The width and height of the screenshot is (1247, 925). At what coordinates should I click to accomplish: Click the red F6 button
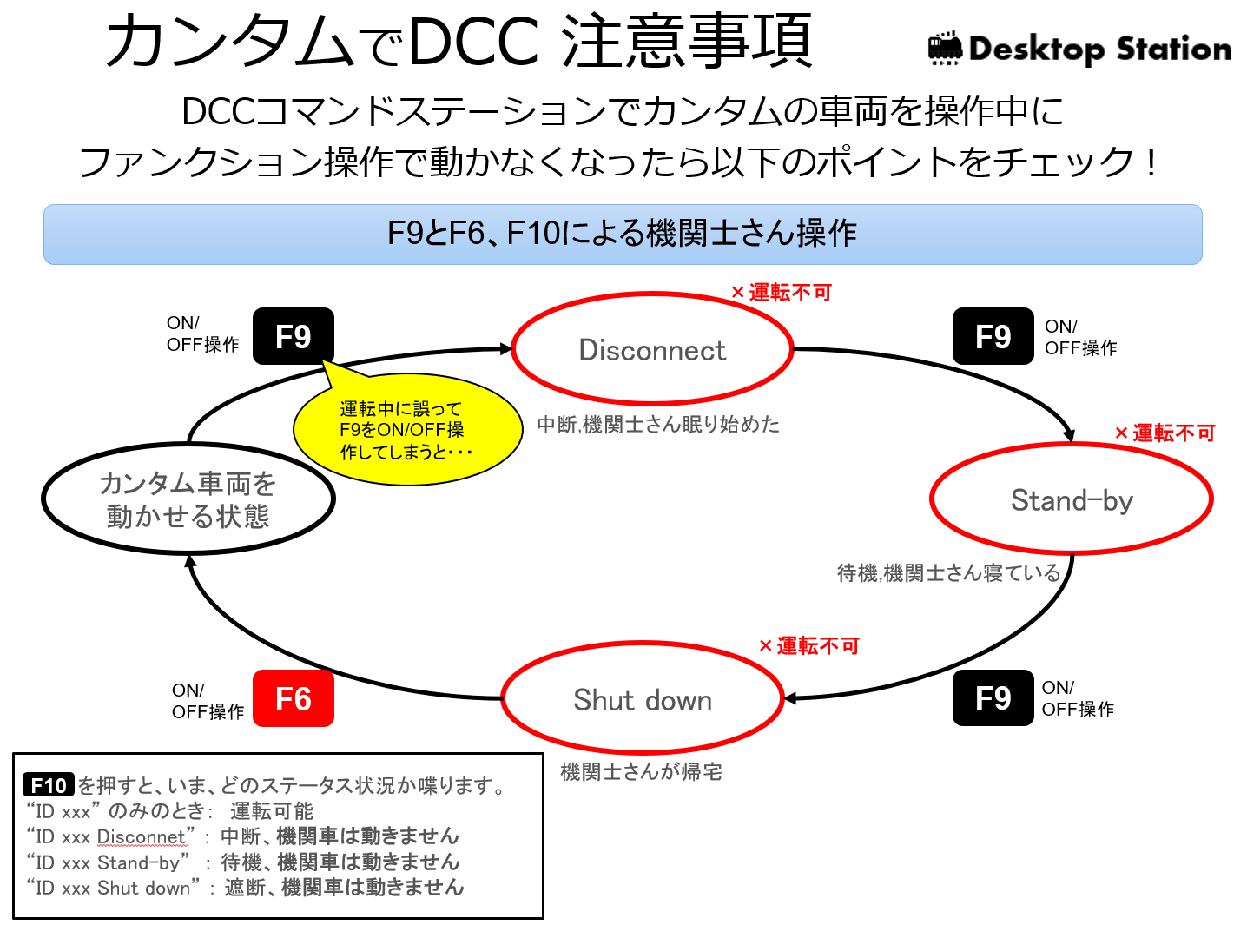[293, 697]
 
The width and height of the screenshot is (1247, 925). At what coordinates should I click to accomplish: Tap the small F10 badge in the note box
[49, 784]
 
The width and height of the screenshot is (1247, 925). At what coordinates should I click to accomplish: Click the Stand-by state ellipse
[1071, 446]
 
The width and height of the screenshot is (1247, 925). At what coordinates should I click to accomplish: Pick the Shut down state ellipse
[642, 644]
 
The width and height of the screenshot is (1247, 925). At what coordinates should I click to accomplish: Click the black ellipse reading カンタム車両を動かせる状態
[188, 445]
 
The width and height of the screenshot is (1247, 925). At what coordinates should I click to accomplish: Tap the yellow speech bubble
[407, 430]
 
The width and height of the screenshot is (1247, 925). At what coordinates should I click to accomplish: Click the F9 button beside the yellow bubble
[293, 336]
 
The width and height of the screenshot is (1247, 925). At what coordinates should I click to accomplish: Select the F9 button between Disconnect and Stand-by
[993, 336]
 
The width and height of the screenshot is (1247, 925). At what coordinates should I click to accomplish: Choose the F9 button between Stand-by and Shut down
[993, 697]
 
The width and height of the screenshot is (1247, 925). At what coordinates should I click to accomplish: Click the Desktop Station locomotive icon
[945, 48]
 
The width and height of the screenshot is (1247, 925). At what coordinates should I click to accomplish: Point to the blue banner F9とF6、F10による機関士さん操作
[623, 234]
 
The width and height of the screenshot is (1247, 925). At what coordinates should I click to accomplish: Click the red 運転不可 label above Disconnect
[782, 293]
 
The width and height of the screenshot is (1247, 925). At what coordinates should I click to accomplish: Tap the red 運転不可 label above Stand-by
[1165, 433]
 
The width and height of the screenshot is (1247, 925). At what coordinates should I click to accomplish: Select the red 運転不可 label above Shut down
[809, 646]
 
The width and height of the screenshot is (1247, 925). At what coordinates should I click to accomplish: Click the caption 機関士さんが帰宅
[641, 771]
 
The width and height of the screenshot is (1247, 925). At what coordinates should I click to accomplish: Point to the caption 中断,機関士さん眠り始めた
[658, 424]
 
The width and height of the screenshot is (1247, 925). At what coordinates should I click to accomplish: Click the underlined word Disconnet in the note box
[142, 836]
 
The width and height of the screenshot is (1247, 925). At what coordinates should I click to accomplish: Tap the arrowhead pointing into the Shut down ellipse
[790, 698]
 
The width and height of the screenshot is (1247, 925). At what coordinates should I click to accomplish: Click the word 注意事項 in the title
[687, 41]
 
